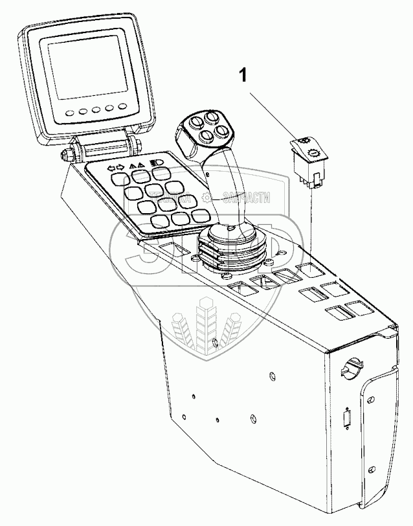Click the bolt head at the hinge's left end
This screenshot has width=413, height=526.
[66, 156]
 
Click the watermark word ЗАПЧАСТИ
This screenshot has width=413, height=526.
[245, 199]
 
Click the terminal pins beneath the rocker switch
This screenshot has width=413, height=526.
[311, 182]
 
